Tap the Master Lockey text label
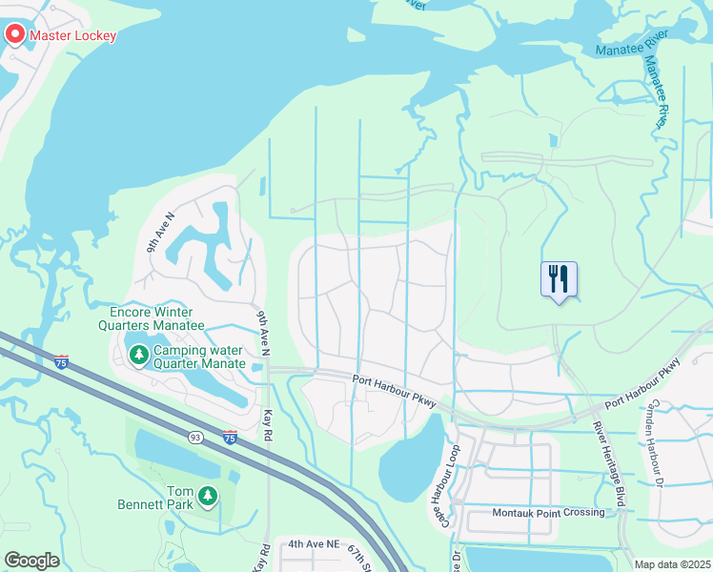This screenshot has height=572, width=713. [x=73, y=36]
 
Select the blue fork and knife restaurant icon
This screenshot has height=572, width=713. [x=559, y=280]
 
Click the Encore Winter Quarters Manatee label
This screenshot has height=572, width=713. [x=157, y=318]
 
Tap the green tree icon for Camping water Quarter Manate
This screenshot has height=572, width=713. [x=139, y=355]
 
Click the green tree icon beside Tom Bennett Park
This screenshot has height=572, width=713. [x=207, y=496]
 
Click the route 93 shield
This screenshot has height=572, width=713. [x=195, y=437]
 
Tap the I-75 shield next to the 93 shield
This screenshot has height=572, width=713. [x=230, y=437]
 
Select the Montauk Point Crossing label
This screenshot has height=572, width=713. [x=548, y=513]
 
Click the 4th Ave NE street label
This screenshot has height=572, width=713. [x=314, y=543]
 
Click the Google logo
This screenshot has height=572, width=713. [x=31, y=561]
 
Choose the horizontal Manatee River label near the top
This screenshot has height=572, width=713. [x=632, y=45]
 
